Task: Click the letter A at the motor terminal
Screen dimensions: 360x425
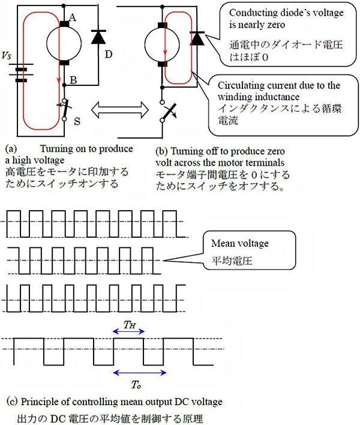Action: pyautogui.click(x=73, y=17)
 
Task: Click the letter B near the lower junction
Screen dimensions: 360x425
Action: pyautogui.click(x=73, y=80)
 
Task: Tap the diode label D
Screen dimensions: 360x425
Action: pyautogui.click(x=109, y=55)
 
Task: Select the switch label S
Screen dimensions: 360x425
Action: pyautogui.click(x=77, y=121)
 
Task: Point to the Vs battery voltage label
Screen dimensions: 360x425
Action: pyautogui.click(x=7, y=56)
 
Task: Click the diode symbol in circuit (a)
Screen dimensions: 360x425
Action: pyautogui.click(x=98, y=37)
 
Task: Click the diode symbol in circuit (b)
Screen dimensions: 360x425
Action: pyautogui.click(x=197, y=38)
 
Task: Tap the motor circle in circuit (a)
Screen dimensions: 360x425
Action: pyautogui.click(x=64, y=43)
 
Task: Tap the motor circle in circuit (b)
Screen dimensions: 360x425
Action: pyautogui.click(x=162, y=44)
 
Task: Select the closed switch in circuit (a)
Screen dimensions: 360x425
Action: pyautogui.click(x=64, y=110)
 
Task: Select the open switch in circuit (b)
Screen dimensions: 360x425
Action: pyautogui.click(x=168, y=111)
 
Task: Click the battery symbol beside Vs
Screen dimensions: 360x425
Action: pyautogui.click(x=21, y=73)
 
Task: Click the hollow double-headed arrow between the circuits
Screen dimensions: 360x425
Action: pyautogui.click(x=120, y=110)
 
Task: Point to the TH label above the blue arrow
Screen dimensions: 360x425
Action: pyautogui.click(x=130, y=324)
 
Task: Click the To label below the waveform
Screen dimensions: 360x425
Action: pyautogui.click(x=136, y=384)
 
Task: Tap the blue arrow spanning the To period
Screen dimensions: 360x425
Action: pyautogui.click(x=140, y=373)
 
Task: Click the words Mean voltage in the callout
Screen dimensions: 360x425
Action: pyautogui.click(x=240, y=243)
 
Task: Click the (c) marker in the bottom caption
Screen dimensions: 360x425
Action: pyautogui.click(x=12, y=402)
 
